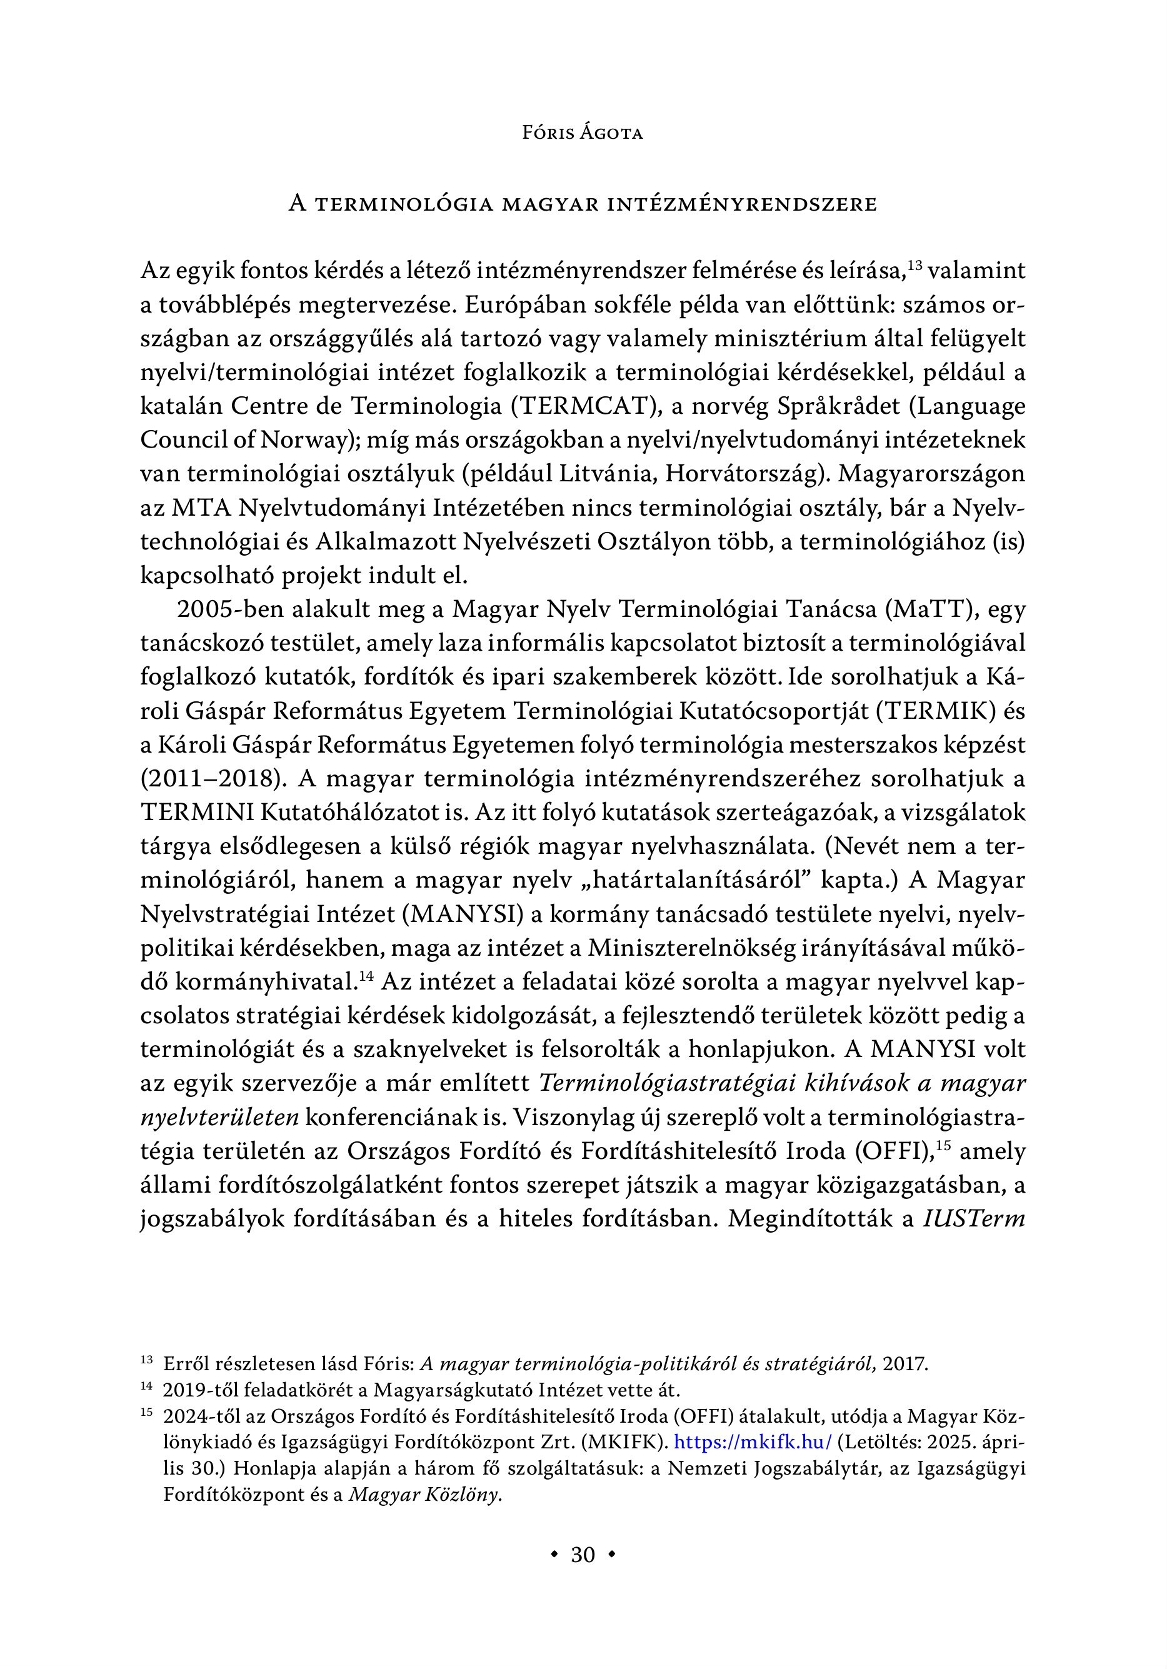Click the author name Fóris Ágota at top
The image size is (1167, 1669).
click(x=583, y=134)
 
